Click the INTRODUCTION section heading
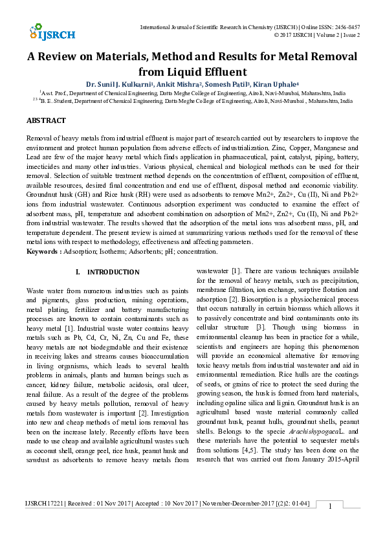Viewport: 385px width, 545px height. click(113, 272)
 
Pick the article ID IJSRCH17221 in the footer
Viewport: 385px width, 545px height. click(45, 521)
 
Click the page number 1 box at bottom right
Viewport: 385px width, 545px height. click(330, 524)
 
